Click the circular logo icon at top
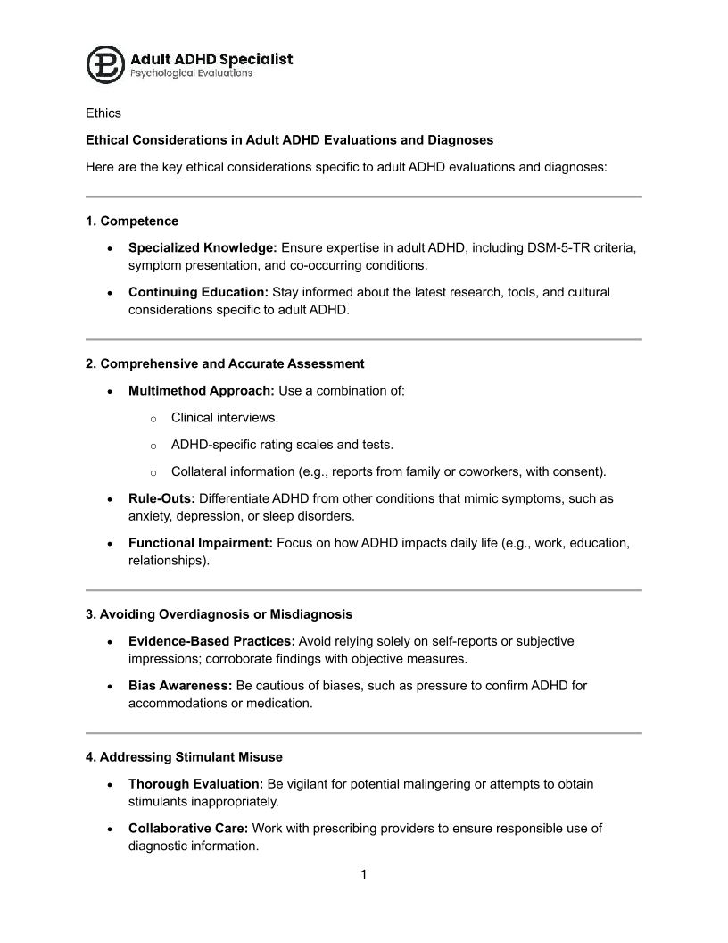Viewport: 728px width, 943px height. click(105, 65)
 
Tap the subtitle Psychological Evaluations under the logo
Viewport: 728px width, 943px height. click(192, 73)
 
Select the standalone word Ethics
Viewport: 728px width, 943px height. click(103, 113)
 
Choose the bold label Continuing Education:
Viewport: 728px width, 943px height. click(198, 291)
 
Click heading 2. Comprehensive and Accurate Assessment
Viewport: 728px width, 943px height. click(225, 363)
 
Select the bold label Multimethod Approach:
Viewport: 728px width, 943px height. click(202, 390)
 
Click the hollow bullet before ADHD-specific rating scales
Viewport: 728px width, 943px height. click(153, 445)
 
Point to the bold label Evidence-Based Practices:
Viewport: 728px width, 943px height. click(211, 640)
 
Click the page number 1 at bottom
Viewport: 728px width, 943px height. click(364, 874)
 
